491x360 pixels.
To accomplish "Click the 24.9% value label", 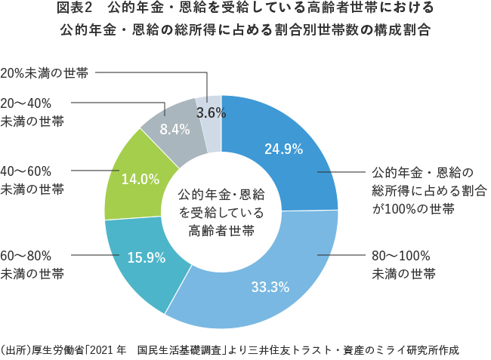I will point(283,149).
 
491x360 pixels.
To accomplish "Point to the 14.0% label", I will point(141,180).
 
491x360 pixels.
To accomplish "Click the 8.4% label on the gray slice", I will point(174,129).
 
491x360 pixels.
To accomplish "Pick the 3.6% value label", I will point(212,112).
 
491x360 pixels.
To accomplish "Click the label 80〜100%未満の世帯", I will point(403,263).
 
